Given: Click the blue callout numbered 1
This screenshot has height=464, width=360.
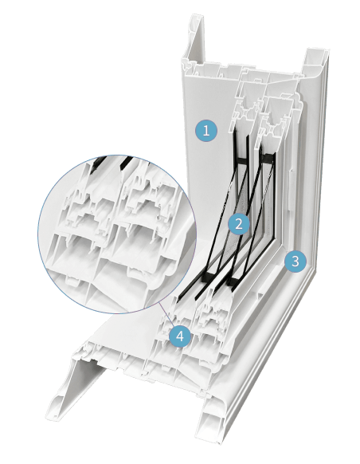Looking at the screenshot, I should click(206, 130).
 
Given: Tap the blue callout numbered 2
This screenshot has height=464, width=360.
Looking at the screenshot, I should click(237, 223).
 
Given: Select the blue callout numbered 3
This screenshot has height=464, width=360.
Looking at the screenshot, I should click(295, 261).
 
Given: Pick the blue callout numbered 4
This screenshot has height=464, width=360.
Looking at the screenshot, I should click(181, 336).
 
